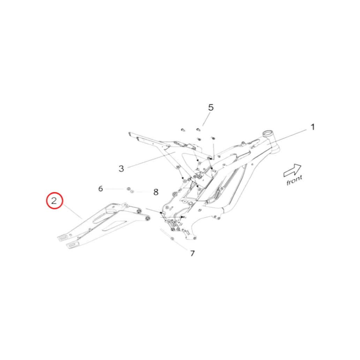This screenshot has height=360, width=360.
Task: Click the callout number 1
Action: tap(312, 127)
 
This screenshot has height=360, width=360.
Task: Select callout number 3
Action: tap(121, 169)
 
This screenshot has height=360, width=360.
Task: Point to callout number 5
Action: tap(211, 107)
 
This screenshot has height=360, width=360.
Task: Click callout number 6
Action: tap(101, 189)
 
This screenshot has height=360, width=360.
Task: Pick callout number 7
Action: tap(192, 254)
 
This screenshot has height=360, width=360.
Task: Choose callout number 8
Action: tap(156, 192)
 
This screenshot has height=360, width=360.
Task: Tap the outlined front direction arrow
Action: tap(292, 170)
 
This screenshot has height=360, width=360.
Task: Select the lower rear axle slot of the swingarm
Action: tap(72, 245)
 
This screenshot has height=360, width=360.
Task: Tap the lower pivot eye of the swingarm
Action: tap(147, 219)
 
